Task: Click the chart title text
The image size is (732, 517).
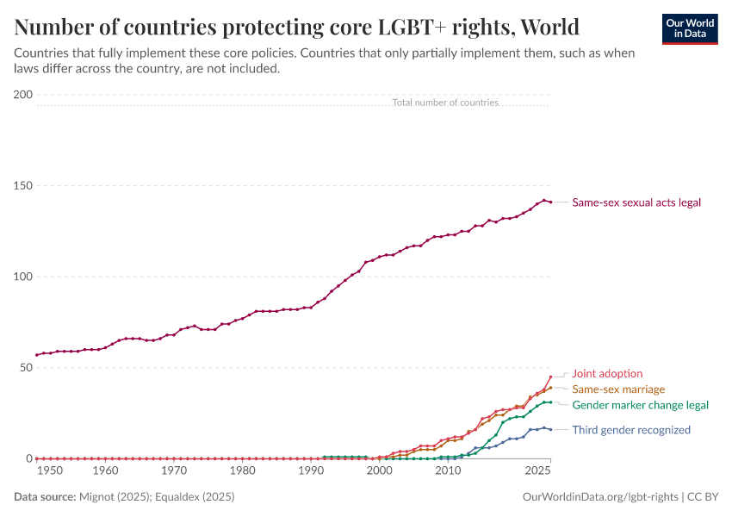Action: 296,27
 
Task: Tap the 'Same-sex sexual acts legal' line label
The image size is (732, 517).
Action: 636,202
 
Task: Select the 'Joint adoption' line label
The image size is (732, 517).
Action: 607,374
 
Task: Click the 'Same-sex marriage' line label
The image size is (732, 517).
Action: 618,389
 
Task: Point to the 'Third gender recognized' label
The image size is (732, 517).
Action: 631,430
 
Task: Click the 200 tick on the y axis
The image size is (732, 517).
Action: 23,95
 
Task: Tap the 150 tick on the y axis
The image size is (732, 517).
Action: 23,185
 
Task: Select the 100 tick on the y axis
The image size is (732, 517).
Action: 23,277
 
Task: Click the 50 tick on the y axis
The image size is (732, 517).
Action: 26,367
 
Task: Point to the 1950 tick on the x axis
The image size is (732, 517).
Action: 50,471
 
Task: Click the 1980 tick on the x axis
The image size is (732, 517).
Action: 243,471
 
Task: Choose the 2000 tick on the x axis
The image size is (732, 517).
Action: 379,471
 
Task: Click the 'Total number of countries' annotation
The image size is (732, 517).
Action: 444,103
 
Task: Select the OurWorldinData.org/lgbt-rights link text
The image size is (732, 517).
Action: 600,497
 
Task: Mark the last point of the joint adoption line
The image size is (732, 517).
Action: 550,377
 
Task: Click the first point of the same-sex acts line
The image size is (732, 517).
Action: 37,355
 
